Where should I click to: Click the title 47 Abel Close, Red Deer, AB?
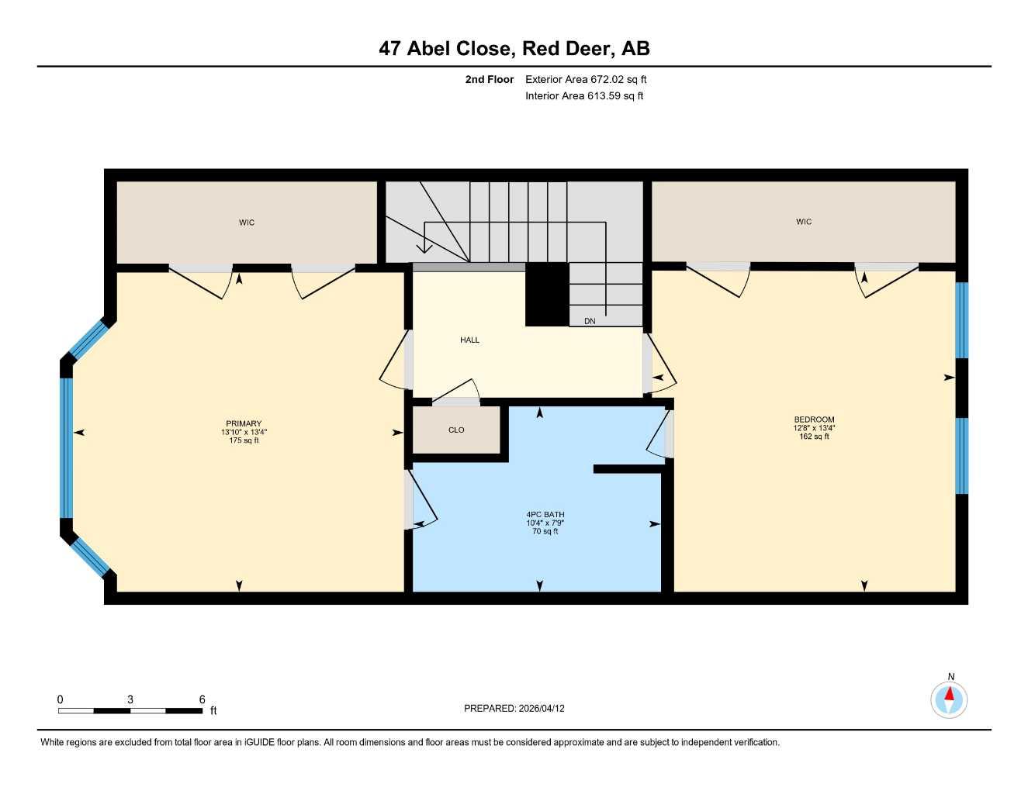tap(514, 49)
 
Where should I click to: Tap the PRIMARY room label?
tap(244, 423)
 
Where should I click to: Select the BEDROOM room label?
tap(814, 419)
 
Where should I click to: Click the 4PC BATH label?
tap(545, 514)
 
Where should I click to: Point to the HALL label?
tap(469, 340)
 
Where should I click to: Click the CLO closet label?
tap(456, 430)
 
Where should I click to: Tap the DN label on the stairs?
tap(590, 321)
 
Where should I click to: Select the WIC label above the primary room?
tap(247, 222)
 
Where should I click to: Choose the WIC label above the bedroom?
tap(804, 221)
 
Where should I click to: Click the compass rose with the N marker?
tap(949, 699)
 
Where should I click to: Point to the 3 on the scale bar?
tap(130, 699)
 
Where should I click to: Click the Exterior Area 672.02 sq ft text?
tap(586, 79)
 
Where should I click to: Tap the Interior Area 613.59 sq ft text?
tap(584, 96)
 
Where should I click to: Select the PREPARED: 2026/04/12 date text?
tap(514, 709)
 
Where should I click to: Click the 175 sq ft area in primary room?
tap(244, 440)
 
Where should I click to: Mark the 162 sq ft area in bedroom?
tap(814, 437)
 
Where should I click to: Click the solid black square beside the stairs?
tap(547, 295)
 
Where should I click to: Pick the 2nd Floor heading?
tap(489, 79)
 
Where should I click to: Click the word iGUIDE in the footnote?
tap(259, 743)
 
